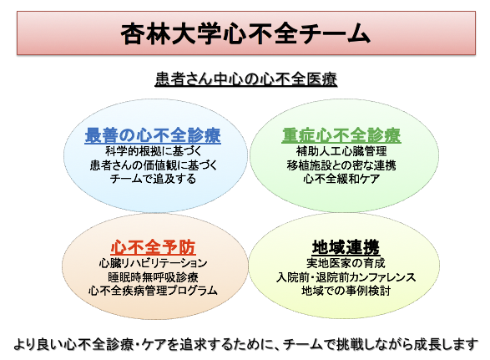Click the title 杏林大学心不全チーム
tap(245, 33)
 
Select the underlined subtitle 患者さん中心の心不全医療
tap(246, 79)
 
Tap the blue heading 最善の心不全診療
tap(153, 135)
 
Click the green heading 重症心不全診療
tap(341, 135)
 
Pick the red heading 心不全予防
tap(153, 247)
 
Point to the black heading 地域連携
tap(346, 247)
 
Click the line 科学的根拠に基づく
tap(154, 152)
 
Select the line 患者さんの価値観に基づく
tap(154, 165)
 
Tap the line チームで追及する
tap(153, 179)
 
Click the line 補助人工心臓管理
tap(341, 152)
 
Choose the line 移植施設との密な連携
tap(341, 165)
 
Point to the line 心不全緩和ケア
tap(341, 179)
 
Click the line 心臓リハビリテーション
tap(153, 263)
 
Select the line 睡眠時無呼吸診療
tap(153, 277)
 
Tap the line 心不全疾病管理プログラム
tap(153, 291)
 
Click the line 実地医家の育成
tap(346, 263)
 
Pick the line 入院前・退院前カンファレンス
tap(346, 277)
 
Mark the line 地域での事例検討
tap(346, 291)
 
